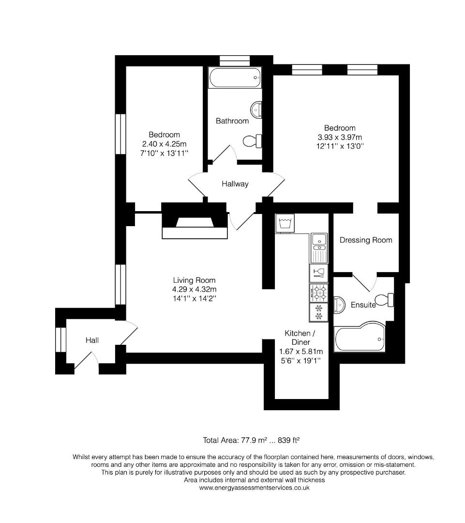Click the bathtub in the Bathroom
click(x=235, y=77)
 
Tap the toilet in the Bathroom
click(x=252, y=141)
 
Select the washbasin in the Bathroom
click(x=257, y=110)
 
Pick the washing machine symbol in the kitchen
click(x=285, y=223)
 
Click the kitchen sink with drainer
click(x=319, y=247)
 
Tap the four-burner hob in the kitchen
click(x=319, y=292)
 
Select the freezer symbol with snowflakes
click(x=319, y=312)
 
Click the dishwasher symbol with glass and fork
click(x=319, y=272)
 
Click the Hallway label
click(x=235, y=184)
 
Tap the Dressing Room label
click(x=366, y=240)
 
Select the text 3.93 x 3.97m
click(x=339, y=137)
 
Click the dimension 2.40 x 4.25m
click(x=164, y=144)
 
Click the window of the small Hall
click(x=60, y=339)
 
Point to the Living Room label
click(x=194, y=280)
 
